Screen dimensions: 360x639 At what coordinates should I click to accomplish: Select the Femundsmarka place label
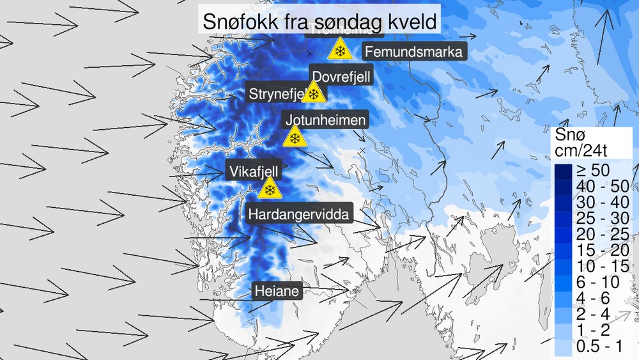(x=412, y=52)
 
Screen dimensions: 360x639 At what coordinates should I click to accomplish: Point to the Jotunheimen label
(x=326, y=120)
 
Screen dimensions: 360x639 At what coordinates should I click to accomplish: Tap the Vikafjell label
(x=254, y=171)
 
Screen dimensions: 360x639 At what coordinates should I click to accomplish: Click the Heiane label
(x=277, y=292)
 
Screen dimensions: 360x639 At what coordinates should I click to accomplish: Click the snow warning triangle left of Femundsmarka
(x=340, y=51)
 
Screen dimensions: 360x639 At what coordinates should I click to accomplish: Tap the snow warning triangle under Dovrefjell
(x=313, y=93)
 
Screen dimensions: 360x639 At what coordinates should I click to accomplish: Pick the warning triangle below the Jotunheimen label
(x=295, y=138)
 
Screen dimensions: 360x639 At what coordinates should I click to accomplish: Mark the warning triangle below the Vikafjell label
(x=270, y=189)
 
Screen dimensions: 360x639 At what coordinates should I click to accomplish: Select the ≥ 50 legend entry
(x=592, y=170)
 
